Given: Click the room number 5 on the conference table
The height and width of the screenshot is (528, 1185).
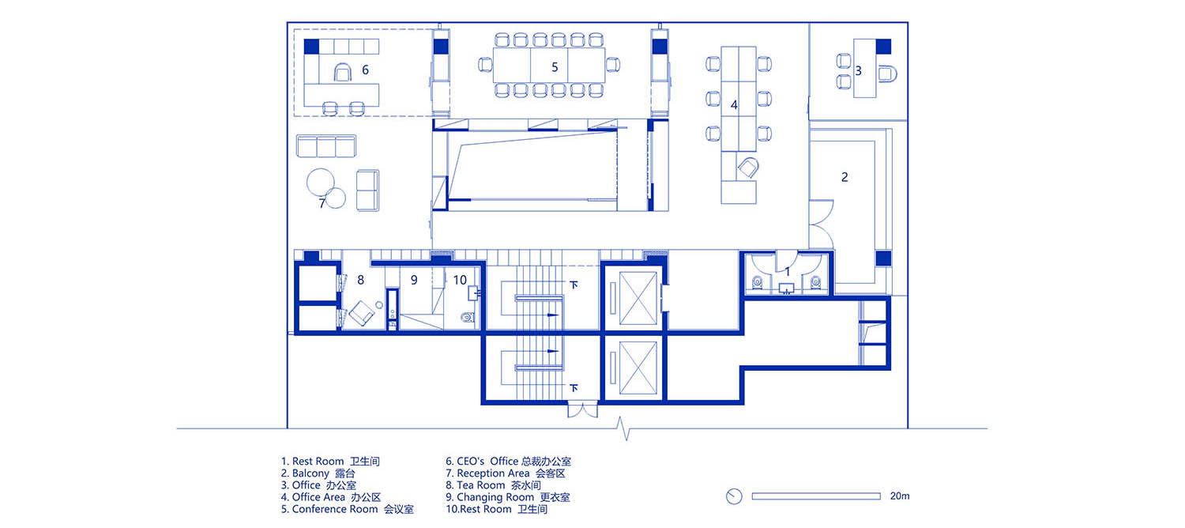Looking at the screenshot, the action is tap(555, 67).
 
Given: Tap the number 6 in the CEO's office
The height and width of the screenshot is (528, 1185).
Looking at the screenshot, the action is tap(365, 70).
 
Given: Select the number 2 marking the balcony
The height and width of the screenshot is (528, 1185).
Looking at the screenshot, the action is tap(845, 177).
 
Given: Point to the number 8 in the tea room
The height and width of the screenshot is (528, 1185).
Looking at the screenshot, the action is tap(360, 280).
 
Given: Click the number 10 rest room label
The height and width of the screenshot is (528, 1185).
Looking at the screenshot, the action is tap(460, 280).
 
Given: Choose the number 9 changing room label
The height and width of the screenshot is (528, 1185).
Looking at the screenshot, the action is tap(414, 280).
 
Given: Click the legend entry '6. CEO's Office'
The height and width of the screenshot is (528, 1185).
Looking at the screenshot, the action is tap(508, 462).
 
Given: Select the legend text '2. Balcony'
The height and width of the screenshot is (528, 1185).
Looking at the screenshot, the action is tap(318, 473).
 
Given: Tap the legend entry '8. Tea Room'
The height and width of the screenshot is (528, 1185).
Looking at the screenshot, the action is tap(493, 485).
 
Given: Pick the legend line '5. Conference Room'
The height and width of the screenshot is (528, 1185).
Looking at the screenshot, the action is tap(347, 509).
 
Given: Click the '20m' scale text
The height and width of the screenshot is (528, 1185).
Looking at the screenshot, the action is tap(899, 496).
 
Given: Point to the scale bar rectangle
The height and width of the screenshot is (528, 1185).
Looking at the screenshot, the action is tap(816, 496).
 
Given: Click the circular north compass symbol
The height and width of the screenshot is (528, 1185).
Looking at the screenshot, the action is tap(734, 496).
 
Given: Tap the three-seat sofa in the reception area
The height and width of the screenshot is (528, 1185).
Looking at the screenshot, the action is tap(325, 146).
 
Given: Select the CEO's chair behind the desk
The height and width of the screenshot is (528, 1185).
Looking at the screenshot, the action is tap(343, 73).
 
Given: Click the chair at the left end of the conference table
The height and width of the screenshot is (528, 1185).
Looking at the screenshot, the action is tap(485, 65).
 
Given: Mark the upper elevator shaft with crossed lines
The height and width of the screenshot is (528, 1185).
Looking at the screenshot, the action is tap(638, 299).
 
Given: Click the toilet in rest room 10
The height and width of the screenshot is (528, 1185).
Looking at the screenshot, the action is tap(468, 318).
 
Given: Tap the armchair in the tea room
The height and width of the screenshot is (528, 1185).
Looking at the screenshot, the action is tap(361, 313).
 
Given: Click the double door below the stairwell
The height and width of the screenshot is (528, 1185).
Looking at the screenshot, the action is tap(582, 411).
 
